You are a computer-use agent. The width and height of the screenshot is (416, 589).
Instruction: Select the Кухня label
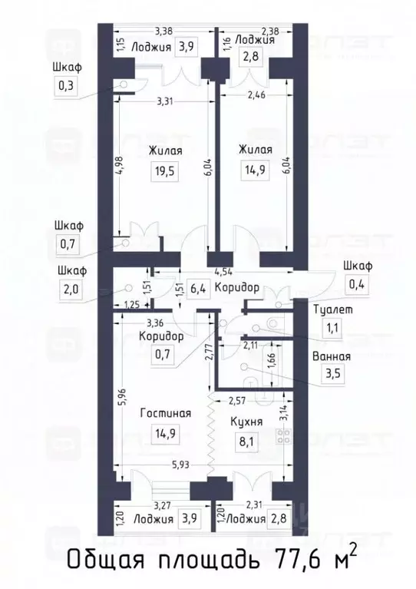pos(247,422)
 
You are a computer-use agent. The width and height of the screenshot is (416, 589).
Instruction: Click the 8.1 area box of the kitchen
pos(247,442)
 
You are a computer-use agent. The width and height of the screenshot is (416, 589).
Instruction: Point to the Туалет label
pos(332,309)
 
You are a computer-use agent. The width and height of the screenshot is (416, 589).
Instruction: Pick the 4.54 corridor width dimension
pos(223,271)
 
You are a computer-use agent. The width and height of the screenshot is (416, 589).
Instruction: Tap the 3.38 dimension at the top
pos(163,31)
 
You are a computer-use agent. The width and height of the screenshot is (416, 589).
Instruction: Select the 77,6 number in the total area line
pos(291,558)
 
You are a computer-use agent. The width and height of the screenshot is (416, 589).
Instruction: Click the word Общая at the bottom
pos(101,558)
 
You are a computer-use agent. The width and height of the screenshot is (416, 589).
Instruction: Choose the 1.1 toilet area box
pos(332,330)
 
